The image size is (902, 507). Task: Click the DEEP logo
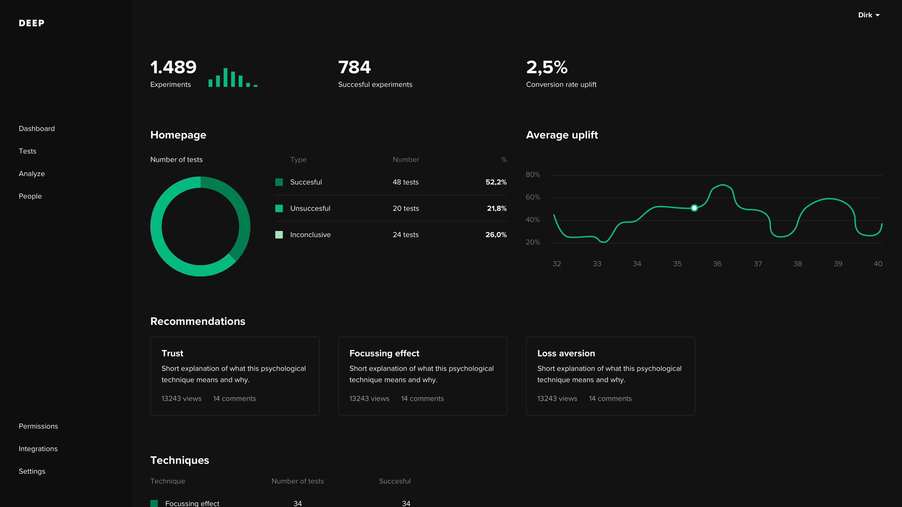coord(31,23)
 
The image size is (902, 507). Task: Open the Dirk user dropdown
coord(868,15)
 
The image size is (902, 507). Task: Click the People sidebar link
coord(30,196)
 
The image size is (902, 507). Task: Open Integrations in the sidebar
coord(38,449)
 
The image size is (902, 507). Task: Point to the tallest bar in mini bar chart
coord(225,77)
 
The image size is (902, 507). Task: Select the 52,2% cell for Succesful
coord(496,182)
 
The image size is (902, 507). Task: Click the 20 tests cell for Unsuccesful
coord(405,208)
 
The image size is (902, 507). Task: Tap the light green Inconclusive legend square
coord(279,235)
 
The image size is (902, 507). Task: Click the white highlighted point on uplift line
coord(694,208)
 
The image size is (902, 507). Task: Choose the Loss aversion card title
coord(566,353)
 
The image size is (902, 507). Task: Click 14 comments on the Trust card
coord(234,399)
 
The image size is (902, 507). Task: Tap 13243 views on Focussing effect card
coord(369,399)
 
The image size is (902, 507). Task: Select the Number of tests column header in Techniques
coord(297,481)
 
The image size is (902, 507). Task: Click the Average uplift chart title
coord(562,135)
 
